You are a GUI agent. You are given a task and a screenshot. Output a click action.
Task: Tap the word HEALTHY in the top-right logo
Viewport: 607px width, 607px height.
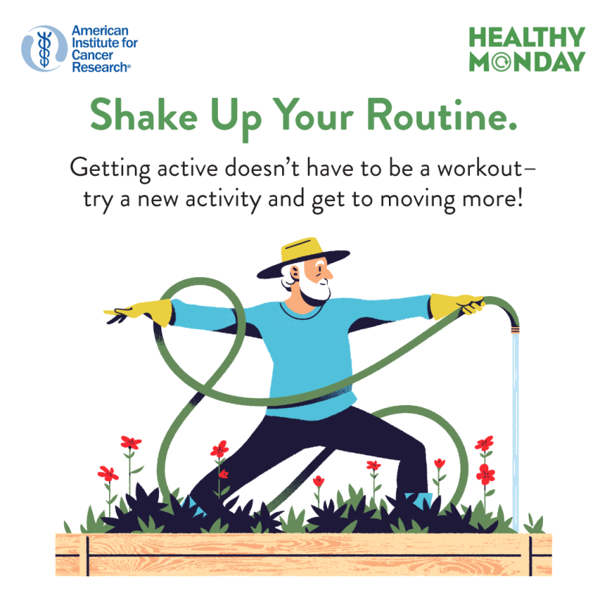pyautogui.click(x=527, y=38)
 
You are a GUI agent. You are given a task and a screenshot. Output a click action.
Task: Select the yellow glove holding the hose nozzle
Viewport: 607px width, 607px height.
pyautogui.click(x=451, y=305)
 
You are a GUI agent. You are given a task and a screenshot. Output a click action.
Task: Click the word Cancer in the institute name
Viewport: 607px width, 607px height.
pyautogui.click(x=89, y=55)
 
